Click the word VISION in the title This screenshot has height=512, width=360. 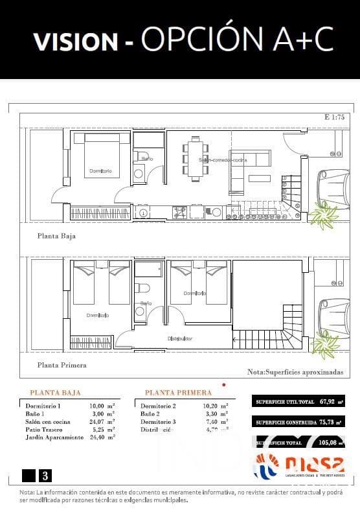[x=75, y=40]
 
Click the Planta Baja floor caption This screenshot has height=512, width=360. [x=56, y=237]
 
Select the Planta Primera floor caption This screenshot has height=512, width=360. [x=62, y=365]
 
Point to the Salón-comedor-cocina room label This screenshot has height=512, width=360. [x=223, y=159]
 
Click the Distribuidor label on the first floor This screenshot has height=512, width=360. [x=180, y=338]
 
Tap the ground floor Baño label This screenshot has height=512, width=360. [x=147, y=159]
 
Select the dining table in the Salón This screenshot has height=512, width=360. [x=195, y=158]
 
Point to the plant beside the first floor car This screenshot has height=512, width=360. [x=322, y=344]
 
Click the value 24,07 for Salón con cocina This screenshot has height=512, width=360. [x=98, y=421]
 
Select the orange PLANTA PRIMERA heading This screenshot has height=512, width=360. [x=178, y=393]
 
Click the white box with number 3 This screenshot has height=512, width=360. [x=45, y=476]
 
